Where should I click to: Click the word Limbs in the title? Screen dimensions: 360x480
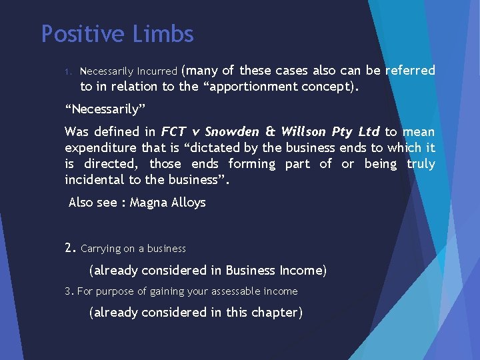click(169, 34)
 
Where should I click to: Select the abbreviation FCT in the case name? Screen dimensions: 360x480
click(173, 131)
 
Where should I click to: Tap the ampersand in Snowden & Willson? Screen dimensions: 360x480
click(270, 131)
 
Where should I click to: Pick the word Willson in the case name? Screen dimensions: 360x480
click(305, 131)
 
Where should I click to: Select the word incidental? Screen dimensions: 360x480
click(96, 179)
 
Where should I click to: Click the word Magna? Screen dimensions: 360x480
click(149, 203)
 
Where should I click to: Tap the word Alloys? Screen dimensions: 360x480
click(189, 203)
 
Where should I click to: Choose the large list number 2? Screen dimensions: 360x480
click(70, 248)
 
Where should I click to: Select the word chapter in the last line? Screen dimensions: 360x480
click(278, 312)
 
